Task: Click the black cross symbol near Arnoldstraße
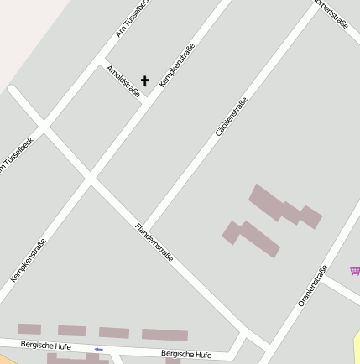[x=144, y=81]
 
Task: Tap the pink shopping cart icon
[x=355, y=270]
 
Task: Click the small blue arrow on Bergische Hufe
[x=99, y=349]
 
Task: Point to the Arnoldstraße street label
[x=123, y=81]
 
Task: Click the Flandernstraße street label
[x=154, y=242]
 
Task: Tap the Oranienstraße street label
[x=312, y=285]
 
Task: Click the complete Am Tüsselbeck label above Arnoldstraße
[x=132, y=19]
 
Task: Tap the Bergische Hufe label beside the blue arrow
[x=47, y=346]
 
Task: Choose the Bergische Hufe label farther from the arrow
[x=186, y=354]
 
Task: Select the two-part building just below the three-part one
[x=251, y=238]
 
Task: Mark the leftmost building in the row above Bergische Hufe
[x=29, y=329]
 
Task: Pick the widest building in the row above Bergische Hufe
[x=164, y=335]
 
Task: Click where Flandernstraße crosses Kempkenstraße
[x=89, y=177]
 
